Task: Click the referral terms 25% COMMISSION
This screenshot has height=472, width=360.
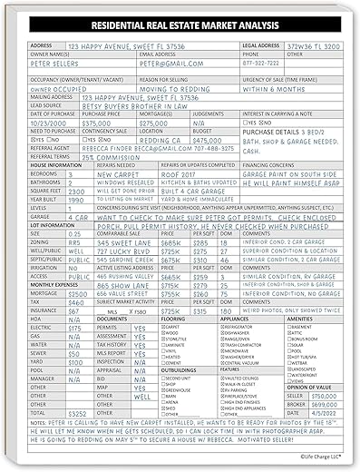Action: (x=111, y=156)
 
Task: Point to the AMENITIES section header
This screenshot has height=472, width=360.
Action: (x=301, y=320)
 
